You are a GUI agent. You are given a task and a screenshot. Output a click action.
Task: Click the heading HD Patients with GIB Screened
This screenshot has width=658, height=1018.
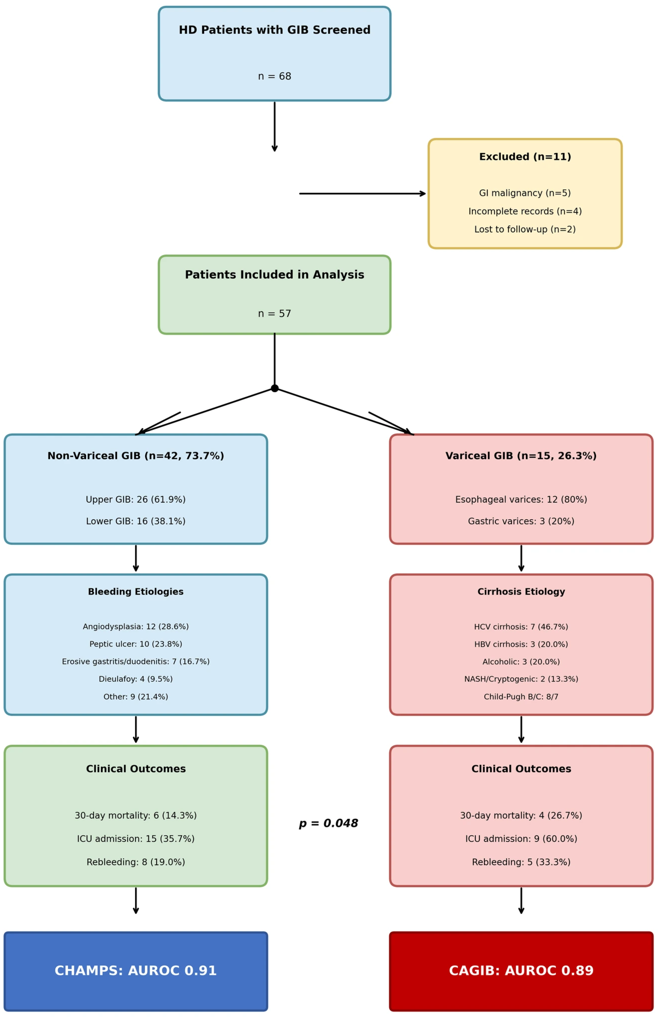click(274, 30)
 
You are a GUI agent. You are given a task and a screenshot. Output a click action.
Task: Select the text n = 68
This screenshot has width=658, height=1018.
click(274, 76)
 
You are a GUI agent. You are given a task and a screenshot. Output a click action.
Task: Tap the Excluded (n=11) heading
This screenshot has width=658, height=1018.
click(525, 157)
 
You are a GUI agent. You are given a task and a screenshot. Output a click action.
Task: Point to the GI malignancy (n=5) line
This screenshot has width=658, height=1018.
click(525, 193)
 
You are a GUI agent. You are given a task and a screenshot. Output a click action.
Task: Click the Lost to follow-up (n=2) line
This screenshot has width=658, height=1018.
click(525, 229)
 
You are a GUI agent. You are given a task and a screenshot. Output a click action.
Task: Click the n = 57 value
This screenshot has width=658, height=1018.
click(274, 314)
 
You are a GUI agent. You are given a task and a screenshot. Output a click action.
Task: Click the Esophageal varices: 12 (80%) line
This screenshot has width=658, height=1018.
click(521, 499)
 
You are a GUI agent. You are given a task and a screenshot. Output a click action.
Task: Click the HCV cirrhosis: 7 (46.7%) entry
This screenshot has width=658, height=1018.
click(521, 627)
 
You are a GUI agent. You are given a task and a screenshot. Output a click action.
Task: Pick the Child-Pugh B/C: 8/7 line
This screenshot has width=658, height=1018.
click(521, 697)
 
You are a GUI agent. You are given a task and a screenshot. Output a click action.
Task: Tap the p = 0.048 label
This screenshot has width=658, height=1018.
click(328, 823)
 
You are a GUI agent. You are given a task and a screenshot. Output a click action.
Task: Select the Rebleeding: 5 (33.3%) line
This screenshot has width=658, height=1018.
click(521, 862)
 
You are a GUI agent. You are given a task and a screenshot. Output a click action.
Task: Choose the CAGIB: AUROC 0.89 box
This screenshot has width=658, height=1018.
click(521, 971)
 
